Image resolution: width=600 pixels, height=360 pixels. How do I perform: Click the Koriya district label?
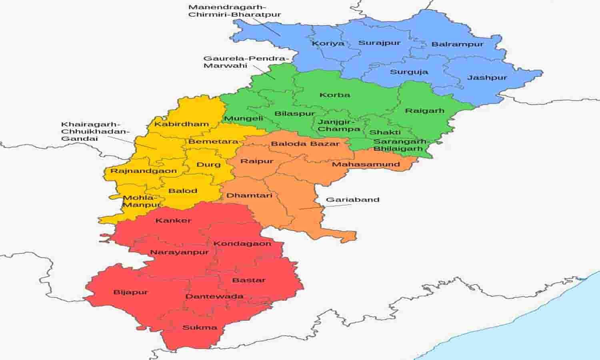[x=328, y=44]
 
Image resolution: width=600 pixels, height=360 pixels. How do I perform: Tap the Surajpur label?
[x=379, y=43]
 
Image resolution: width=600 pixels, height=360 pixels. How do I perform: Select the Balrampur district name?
[x=457, y=44]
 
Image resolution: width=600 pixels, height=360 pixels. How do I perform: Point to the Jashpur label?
[x=487, y=78]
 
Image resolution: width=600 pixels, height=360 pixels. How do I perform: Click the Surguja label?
[x=409, y=72]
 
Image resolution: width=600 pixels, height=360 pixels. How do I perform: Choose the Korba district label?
[x=335, y=95]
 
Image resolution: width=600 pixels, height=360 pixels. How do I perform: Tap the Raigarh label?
[x=424, y=110]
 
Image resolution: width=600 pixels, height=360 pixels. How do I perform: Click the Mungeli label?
[x=243, y=118]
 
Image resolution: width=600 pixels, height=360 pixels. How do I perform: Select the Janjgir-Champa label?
[x=339, y=125]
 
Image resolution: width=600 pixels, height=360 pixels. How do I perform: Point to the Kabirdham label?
[x=182, y=124]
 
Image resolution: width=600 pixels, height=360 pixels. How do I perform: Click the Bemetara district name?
[x=213, y=142]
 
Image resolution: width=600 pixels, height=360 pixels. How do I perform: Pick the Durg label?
[x=208, y=164]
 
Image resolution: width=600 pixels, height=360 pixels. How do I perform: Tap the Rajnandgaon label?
[x=144, y=171]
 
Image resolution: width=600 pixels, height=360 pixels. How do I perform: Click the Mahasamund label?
[x=366, y=164]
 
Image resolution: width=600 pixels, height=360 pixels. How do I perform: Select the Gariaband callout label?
[x=352, y=200]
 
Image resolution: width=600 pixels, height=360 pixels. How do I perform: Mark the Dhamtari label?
[x=249, y=196]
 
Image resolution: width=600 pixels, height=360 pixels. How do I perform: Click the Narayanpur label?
[x=179, y=252]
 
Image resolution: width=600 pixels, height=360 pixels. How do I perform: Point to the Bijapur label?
[x=131, y=292]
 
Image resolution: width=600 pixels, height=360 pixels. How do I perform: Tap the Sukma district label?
[x=200, y=328]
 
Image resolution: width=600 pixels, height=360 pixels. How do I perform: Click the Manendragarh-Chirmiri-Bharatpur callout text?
[x=234, y=11]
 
